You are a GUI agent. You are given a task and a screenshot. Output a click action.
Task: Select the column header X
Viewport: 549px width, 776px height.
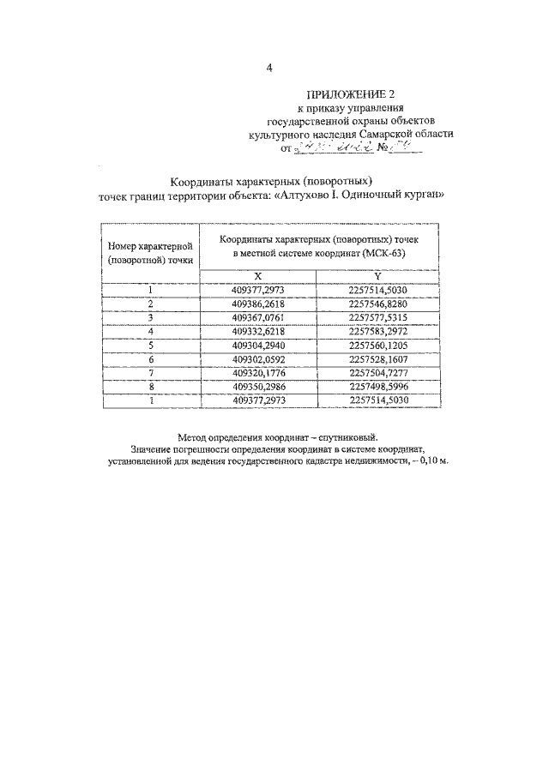(x=257, y=276)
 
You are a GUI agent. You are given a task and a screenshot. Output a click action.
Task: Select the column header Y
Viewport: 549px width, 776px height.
(x=377, y=276)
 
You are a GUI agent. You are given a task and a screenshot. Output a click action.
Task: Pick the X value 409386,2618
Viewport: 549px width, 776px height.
(x=257, y=304)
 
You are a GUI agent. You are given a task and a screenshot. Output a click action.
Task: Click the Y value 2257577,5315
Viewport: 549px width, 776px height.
(x=377, y=316)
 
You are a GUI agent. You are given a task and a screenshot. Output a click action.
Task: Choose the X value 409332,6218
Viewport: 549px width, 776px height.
(x=257, y=330)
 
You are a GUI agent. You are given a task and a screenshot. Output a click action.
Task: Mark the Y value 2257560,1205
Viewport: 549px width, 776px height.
(x=377, y=343)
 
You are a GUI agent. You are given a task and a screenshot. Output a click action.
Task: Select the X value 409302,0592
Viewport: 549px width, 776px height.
(x=257, y=357)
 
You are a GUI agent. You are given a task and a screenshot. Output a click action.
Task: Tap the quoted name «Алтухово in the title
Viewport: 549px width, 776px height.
(x=302, y=196)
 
